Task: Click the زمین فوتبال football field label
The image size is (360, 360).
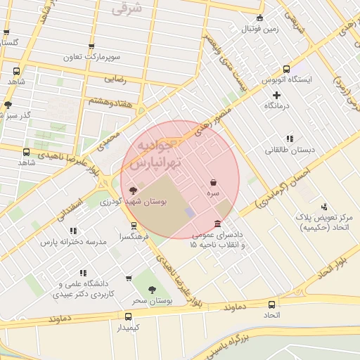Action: (261, 29)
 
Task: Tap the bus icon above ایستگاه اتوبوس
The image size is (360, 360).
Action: (286, 69)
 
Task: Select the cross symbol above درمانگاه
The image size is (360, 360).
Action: (276, 95)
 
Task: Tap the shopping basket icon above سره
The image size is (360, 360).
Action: (212, 182)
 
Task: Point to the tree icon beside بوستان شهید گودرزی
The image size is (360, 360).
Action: (134, 191)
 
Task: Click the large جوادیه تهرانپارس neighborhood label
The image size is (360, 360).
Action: (150, 154)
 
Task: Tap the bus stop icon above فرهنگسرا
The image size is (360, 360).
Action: (134, 226)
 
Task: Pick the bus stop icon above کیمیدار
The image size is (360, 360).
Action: (128, 316)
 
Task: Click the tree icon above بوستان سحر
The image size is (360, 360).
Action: (152, 290)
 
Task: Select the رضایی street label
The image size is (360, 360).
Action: (114, 79)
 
